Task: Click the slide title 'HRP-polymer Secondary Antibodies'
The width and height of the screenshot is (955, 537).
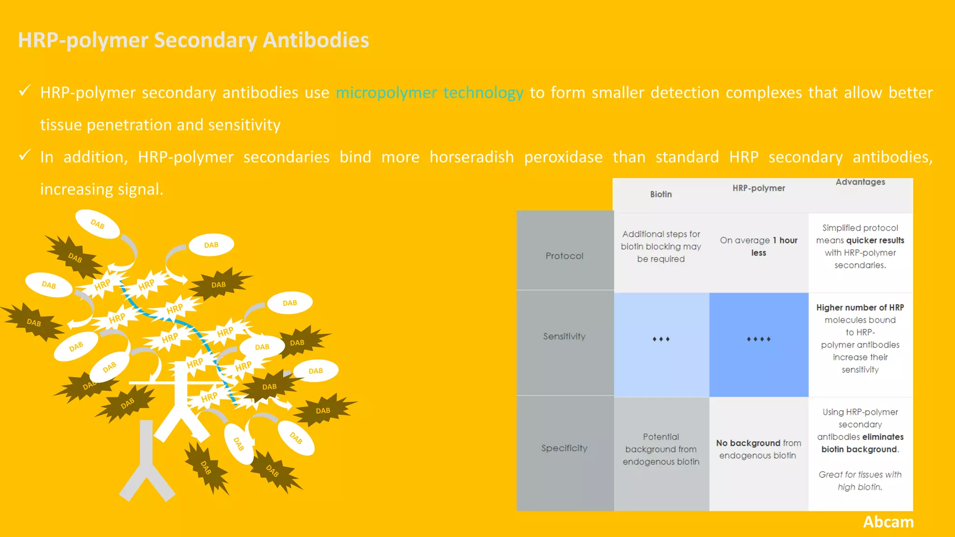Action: (193, 40)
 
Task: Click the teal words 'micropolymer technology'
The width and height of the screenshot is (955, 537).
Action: (429, 93)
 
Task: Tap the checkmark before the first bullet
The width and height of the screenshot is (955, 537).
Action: (25, 90)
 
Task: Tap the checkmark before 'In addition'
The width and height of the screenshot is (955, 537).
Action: (25, 155)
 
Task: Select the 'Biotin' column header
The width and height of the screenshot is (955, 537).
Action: (661, 194)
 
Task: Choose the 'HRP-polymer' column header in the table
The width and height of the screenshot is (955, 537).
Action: (758, 188)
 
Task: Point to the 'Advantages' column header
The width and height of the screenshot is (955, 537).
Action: (860, 182)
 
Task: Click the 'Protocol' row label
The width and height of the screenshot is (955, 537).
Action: (564, 256)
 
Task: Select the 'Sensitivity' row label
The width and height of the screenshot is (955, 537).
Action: (564, 336)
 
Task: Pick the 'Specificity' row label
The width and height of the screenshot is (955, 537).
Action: (564, 448)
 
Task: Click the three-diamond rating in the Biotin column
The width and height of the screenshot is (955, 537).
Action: (661, 339)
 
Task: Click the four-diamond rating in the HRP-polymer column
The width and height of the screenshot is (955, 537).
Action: (758, 339)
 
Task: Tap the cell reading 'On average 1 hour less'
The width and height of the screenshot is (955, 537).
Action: (758, 247)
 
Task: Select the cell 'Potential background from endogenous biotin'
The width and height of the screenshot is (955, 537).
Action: (661, 449)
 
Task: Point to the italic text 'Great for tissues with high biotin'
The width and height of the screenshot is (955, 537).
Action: (860, 481)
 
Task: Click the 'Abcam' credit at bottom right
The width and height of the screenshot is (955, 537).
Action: (888, 522)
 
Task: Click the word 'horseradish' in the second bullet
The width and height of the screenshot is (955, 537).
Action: (471, 157)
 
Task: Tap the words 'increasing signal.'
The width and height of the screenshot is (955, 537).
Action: (102, 189)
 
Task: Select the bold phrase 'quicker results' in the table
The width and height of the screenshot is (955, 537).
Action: (875, 241)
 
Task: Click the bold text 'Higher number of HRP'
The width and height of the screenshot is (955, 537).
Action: (860, 308)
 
